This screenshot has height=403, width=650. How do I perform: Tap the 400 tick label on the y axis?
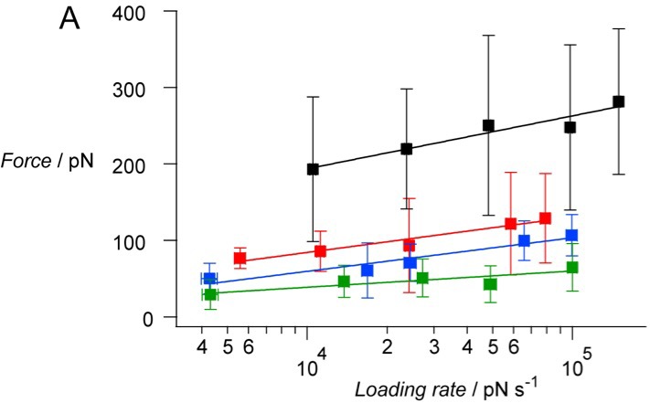(x=159, y=12)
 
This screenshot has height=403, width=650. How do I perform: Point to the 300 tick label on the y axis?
(x=159, y=89)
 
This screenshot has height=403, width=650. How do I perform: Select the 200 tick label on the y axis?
(x=159, y=164)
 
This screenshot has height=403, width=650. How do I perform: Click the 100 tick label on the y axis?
(x=159, y=241)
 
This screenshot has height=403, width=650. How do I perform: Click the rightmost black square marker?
(x=618, y=101)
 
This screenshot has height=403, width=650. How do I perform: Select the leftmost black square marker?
(x=313, y=168)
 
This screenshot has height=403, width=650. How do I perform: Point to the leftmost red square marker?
(x=240, y=259)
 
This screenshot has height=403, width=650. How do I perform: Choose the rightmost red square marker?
(x=545, y=218)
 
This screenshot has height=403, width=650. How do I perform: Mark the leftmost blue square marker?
(x=209, y=279)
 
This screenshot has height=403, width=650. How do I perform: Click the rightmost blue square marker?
(x=572, y=236)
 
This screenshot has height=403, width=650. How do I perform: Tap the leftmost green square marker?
(x=210, y=294)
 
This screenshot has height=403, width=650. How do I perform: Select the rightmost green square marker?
(x=572, y=268)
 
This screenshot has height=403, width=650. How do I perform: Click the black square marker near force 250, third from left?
(x=489, y=125)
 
